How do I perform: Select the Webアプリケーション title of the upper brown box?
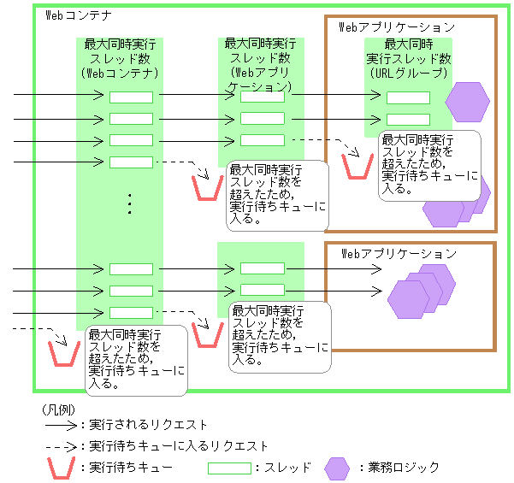(x=397, y=27)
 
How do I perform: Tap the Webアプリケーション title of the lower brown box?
(x=399, y=253)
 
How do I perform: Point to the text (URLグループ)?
(x=409, y=74)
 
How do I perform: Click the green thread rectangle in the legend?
(x=229, y=468)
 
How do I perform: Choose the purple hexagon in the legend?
(x=338, y=468)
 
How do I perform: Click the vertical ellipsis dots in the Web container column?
(x=130, y=204)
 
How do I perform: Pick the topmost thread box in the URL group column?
(x=408, y=97)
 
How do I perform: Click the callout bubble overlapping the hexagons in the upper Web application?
(x=429, y=165)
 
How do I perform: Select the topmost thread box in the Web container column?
(x=131, y=97)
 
